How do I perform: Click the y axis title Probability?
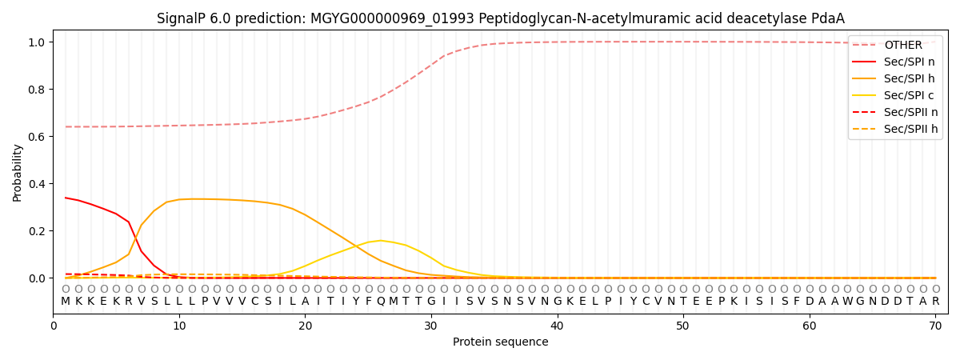click(x=18, y=173)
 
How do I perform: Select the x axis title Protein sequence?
click(x=500, y=342)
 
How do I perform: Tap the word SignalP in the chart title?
click(x=182, y=18)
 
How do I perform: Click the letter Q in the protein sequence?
click(x=381, y=302)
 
